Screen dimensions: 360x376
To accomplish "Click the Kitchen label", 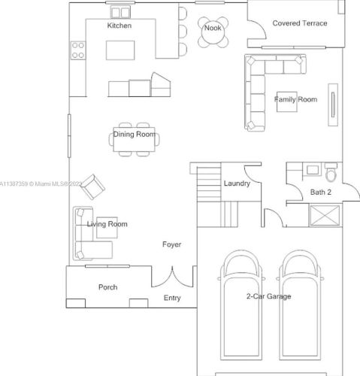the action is (119, 26).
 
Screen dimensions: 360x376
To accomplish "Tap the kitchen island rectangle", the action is (120, 50).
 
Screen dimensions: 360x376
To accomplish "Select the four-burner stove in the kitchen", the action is (78, 50).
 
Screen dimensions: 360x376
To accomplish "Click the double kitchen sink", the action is (120, 13).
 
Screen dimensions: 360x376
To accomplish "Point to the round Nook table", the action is (213, 32).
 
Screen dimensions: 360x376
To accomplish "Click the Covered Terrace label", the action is (300, 23).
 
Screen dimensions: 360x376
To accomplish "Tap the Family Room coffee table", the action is (287, 102).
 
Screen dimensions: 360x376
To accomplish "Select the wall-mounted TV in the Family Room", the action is (333, 105).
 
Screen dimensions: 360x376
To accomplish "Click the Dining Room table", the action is (135, 139).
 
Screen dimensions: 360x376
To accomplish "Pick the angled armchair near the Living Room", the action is (92, 186).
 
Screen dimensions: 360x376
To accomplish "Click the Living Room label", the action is (107, 224).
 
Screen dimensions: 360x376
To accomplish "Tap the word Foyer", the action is (171, 244).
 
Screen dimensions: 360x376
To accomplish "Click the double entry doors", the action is (172, 277).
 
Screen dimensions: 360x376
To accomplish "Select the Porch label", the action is (107, 287).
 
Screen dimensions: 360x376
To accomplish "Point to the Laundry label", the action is (237, 183).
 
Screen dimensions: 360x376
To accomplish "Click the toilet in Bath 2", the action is (331, 172).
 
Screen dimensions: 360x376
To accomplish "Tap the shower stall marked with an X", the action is (325, 215).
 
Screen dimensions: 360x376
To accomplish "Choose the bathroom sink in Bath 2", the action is (313, 170).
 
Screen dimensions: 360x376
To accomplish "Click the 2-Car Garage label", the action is (268, 296).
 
